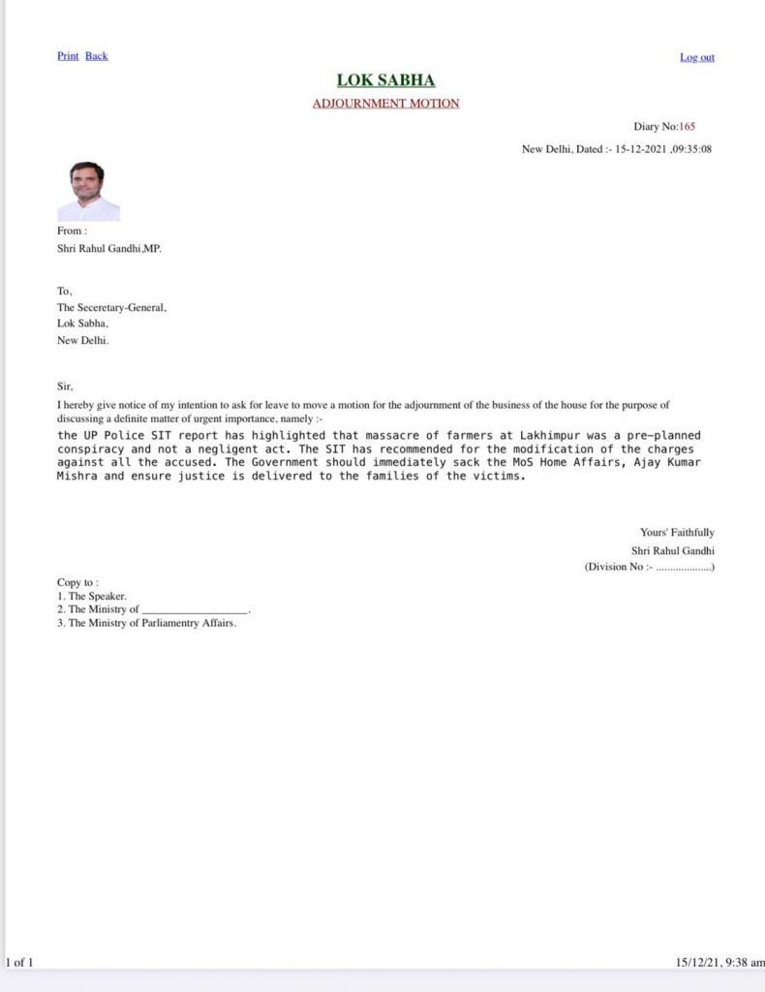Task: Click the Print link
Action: [68, 56]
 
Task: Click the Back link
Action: [97, 56]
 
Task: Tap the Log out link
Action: [696, 58]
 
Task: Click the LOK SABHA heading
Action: [385, 80]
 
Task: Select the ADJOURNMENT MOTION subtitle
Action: [385, 104]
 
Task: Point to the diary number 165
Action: [687, 127]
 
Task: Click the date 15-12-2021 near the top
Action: [638, 150]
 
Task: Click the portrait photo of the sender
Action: [88, 192]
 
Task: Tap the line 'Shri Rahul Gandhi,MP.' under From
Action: [108, 248]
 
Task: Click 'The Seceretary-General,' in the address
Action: [111, 308]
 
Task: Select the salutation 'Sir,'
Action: [65, 386]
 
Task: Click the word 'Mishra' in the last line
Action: [77, 477]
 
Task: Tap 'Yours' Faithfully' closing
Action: [677, 532]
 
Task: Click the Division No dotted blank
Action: [683, 567]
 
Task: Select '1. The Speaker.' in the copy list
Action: [92, 596]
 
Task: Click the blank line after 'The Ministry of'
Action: [195, 610]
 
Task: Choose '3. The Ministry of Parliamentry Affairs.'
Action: [146, 623]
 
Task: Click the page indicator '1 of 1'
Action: [19, 962]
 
